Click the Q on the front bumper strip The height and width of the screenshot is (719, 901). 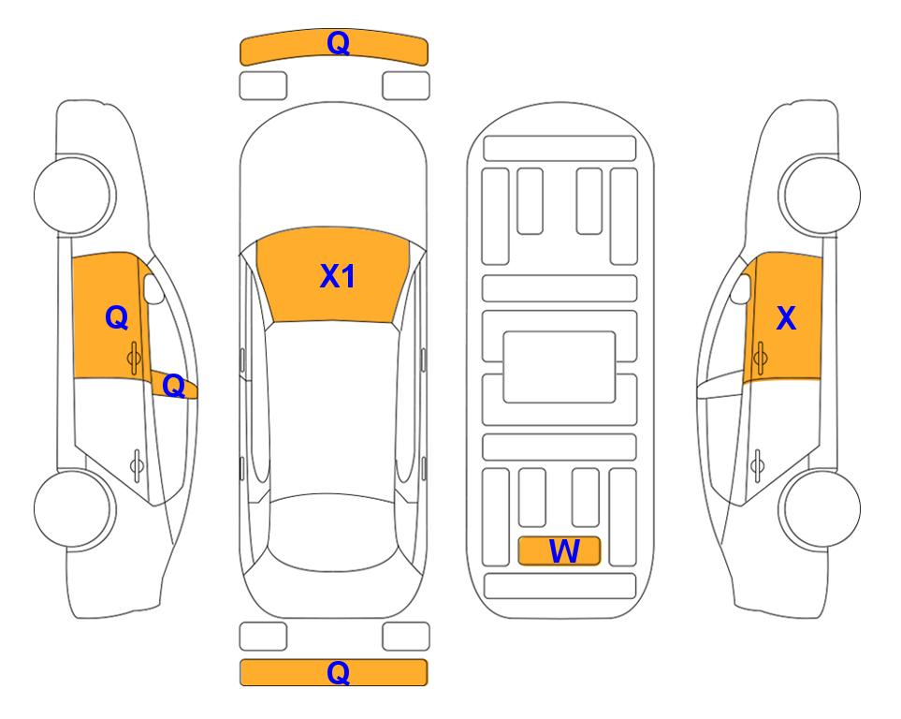[x=338, y=43]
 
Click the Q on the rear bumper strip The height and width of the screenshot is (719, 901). [x=338, y=672]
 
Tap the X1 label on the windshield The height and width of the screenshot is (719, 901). [x=337, y=276]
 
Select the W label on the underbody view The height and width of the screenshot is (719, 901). [x=562, y=551]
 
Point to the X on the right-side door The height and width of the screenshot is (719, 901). [x=786, y=319]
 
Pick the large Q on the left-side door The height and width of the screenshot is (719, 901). [x=116, y=318]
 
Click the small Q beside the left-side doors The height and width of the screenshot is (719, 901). [x=173, y=385]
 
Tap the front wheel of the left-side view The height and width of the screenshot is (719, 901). [x=76, y=195]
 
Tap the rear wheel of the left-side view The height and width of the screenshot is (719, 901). [x=76, y=510]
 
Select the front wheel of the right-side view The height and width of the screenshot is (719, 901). [x=820, y=195]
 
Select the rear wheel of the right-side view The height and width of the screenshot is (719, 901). [x=820, y=510]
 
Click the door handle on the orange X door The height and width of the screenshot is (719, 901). [x=760, y=355]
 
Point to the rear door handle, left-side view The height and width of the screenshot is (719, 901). [x=137, y=462]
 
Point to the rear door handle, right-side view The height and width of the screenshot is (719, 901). [x=759, y=462]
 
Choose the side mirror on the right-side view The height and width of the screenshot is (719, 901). [x=741, y=289]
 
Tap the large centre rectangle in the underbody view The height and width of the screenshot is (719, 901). [x=559, y=365]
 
